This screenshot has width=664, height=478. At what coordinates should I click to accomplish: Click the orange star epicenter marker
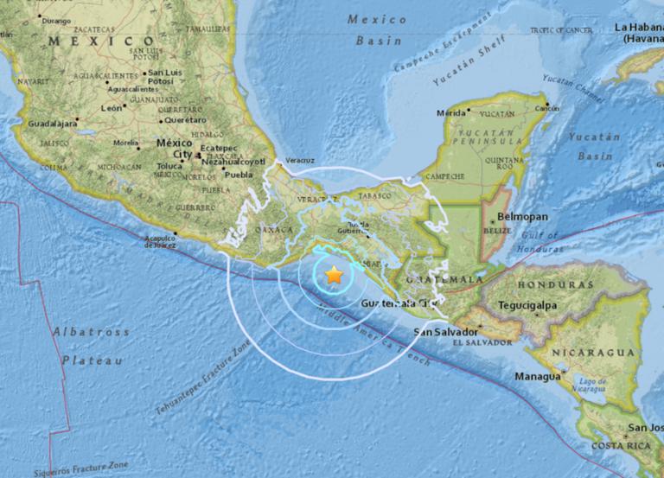(x=334, y=276)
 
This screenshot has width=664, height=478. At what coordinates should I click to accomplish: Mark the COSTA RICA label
(x=622, y=445)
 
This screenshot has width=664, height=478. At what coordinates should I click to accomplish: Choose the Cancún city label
(x=547, y=108)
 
